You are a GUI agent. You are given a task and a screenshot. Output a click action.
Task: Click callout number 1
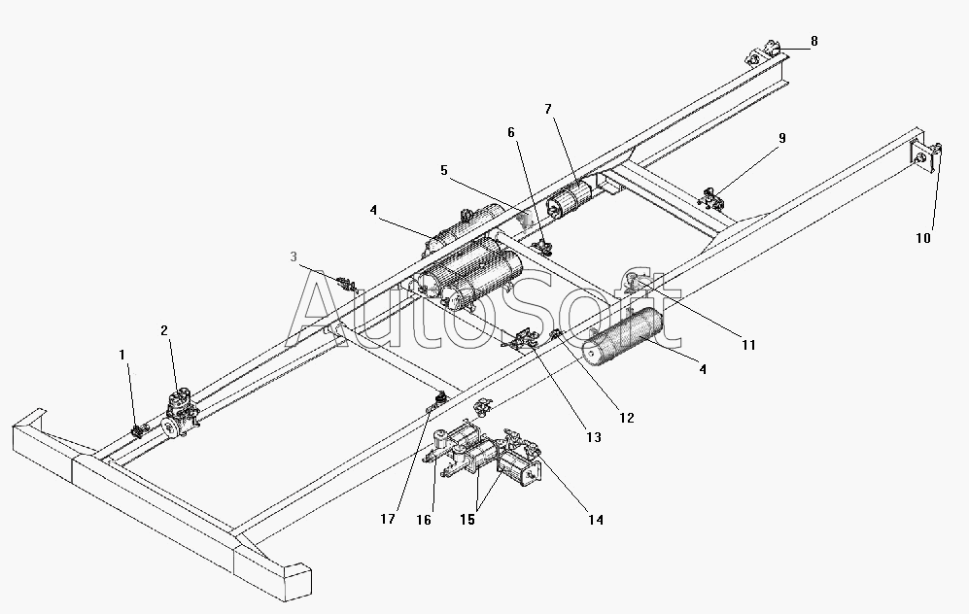pos(121,355)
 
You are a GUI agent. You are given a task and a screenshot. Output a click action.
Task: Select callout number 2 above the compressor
pos(163,331)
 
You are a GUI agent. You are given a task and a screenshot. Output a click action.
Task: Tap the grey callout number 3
pos(294,256)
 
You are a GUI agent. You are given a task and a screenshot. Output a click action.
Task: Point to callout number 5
pos(444,170)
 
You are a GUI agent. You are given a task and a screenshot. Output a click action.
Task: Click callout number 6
pos(510,132)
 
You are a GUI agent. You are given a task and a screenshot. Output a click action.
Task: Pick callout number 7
pos(547,110)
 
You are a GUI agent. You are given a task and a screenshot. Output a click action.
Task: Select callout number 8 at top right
pos(813,42)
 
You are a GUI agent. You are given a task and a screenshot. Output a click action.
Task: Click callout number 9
pos(781,138)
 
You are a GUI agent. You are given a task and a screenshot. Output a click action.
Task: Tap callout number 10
pos(922,238)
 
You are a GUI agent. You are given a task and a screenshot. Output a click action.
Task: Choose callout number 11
pos(748,345)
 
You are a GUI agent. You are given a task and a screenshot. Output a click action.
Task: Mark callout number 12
pos(627,418)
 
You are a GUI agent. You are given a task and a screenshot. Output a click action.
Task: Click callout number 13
pos(593,438)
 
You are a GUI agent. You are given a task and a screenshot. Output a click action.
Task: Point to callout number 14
pos(595,520)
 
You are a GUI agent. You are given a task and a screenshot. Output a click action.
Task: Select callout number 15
pos(467,520)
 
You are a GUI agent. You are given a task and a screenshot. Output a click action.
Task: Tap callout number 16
pos(424,520)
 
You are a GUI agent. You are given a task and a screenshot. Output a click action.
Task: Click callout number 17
pos(388,519)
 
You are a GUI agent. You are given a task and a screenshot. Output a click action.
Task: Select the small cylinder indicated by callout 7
pos(570,198)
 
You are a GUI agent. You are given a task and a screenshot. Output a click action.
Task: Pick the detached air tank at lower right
pos(624,337)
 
